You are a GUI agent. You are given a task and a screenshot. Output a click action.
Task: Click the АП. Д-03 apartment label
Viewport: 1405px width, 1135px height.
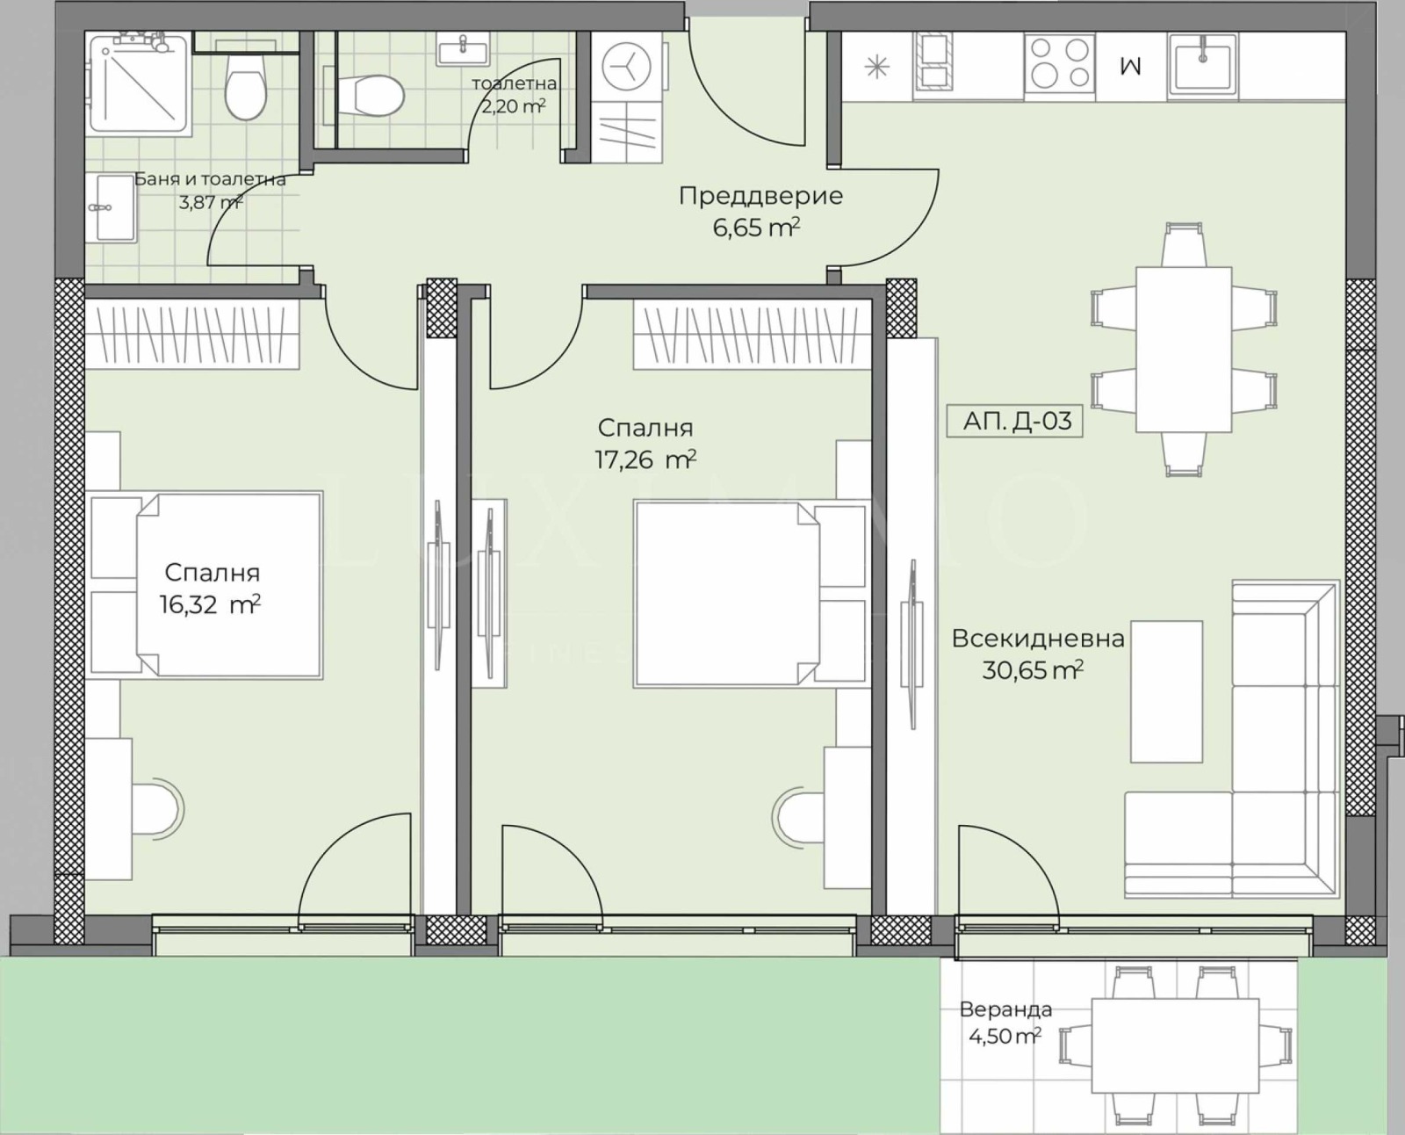tap(1014, 421)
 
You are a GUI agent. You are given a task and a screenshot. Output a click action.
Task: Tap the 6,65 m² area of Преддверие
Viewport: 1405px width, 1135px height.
tap(757, 228)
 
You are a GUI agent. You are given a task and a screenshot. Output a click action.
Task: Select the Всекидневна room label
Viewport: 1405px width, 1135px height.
tap(1038, 639)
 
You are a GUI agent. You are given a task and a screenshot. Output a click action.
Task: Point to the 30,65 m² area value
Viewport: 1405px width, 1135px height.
tap(1033, 670)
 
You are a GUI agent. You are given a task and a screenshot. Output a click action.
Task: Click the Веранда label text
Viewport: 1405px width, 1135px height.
tap(1005, 1009)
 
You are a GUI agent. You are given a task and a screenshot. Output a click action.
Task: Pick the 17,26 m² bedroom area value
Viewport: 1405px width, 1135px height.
tap(645, 459)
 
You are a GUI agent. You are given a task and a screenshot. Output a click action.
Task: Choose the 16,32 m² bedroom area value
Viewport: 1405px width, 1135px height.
tap(210, 604)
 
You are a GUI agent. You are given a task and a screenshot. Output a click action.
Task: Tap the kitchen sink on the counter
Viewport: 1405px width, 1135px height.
tap(1202, 64)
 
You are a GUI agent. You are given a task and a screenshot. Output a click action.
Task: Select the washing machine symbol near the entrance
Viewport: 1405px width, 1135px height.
tap(626, 67)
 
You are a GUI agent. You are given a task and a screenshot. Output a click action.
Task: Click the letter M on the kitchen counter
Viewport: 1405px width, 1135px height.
tap(1131, 66)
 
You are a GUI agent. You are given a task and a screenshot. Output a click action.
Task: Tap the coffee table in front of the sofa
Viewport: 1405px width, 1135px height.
tap(1166, 690)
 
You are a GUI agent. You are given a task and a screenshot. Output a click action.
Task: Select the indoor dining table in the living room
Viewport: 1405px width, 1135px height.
tap(1184, 349)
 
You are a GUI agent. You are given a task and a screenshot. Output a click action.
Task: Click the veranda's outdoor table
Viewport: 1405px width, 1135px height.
tap(1175, 1055)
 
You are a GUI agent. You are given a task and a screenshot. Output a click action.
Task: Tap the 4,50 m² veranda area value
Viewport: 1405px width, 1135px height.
tap(1005, 1036)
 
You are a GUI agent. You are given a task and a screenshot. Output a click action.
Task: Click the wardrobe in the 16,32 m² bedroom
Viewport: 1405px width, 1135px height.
tap(192, 334)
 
